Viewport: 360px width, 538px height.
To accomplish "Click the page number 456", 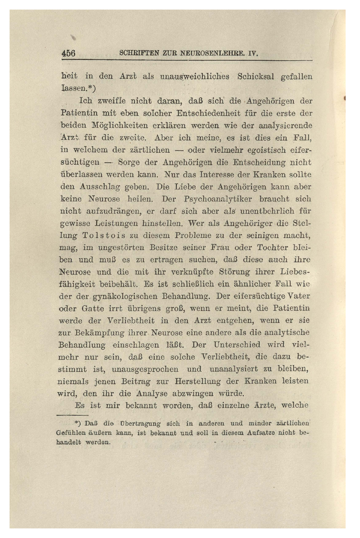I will click(x=68, y=53).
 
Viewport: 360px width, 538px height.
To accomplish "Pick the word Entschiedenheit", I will click(x=206, y=113).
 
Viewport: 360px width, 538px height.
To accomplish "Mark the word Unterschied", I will click(x=237, y=345).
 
